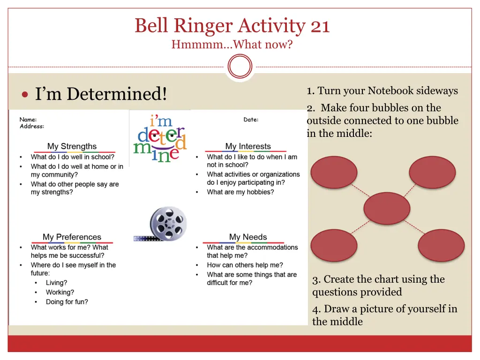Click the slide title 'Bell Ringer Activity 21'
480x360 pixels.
tap(232, 25)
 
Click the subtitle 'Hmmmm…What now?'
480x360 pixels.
tap(232, 45)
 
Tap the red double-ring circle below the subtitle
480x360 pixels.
tap(240, 67)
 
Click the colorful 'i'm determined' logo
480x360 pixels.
tap(160, 139)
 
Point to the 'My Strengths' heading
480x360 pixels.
tap(72, 146)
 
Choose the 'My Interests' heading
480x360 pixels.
tap(248, 146)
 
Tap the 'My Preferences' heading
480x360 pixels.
tap(72, 237)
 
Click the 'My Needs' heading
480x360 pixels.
tap(248, 237)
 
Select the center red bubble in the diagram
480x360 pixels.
tap(387, 209)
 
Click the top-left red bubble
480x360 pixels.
tap(334, 172)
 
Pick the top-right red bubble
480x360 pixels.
tap(432, 172)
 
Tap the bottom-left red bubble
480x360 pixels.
tap(334, 245)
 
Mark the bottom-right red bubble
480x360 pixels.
tap(441, 245)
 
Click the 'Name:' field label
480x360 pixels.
tap(28, 120)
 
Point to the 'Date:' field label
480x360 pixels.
tap(251, 120)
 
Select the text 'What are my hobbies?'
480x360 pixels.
tap(240, 192)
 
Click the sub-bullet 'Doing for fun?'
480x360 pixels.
tap(67, 302)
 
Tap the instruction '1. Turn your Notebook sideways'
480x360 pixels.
tap(382, 91)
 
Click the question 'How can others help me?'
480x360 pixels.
tap(245, 265)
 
